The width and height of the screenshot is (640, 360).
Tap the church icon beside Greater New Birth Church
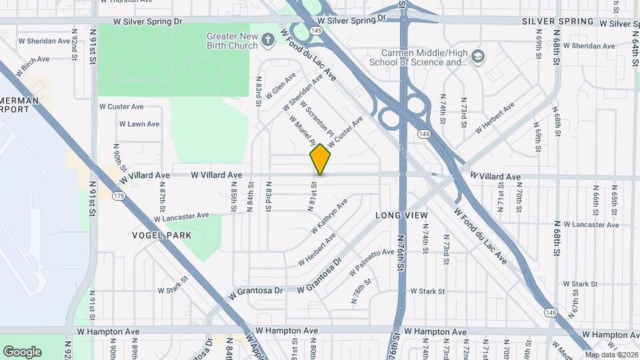click(x=268, y=40)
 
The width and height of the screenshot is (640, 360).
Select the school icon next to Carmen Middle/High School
click(x=477, y=57)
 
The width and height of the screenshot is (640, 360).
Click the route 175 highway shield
click(x=119, y=195)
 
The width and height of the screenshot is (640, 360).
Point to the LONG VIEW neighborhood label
click(x=401, y=215)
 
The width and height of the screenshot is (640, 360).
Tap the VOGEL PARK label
click(x=161, y=235)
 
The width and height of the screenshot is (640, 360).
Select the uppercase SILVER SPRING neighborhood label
click(x=558, y=21)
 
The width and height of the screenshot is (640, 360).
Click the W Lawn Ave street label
click(x=139, y=124)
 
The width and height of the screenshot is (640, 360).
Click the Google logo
click(x=22, y=351)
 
